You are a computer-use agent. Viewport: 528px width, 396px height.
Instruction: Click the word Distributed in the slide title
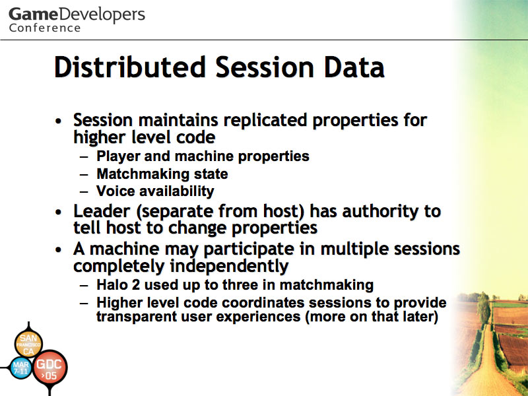(130, 67)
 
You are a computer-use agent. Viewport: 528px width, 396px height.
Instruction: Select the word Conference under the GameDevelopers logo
(45, 28)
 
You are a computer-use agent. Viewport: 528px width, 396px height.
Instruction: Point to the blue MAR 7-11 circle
(21, 368)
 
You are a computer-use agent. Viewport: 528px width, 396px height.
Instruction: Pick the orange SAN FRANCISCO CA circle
(28, 344)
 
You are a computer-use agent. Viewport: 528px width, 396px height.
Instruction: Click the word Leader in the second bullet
(102, 211)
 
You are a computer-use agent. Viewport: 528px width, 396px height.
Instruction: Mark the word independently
(229, 267)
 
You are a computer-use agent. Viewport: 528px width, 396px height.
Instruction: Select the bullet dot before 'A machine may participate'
(59, 250)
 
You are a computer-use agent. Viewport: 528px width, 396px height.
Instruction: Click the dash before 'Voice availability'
(84, 192)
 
